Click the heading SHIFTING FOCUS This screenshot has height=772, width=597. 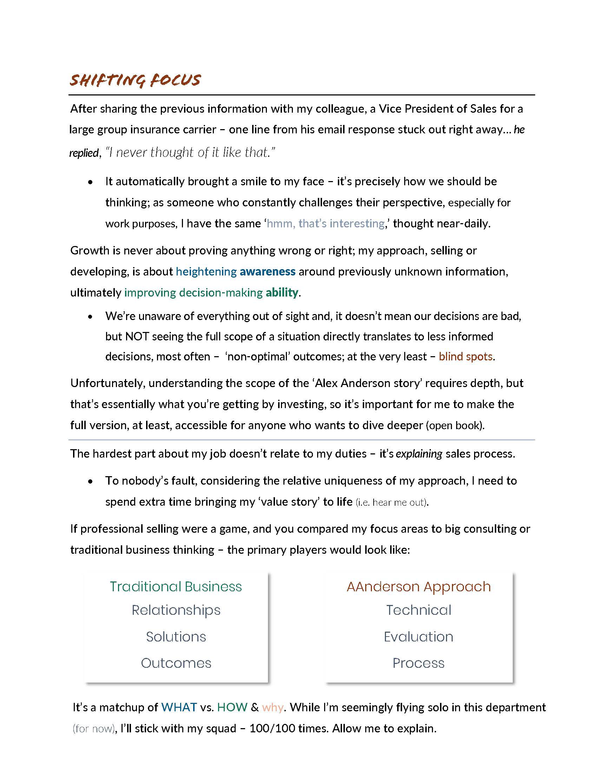point(135,80)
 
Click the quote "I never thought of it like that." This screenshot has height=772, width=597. point(190,152)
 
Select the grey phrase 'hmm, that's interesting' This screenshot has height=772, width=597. point(326,224)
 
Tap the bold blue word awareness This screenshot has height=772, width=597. point(267,272)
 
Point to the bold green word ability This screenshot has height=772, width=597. point(282,292)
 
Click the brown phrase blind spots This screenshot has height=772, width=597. point(465,356)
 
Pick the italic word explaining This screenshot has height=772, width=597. point(419,453)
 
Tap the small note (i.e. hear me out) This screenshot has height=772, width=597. point(392,502)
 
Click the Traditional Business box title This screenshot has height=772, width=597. point(176,586)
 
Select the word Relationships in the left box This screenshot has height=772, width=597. point(176,610)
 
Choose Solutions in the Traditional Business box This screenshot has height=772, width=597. point(176,637)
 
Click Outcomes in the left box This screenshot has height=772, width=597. point(176,663)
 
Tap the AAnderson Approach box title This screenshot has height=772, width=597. point(418,586)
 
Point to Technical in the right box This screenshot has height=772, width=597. point(418,610)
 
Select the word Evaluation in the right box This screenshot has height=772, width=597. point(418,637)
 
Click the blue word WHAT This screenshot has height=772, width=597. point(179,707)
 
